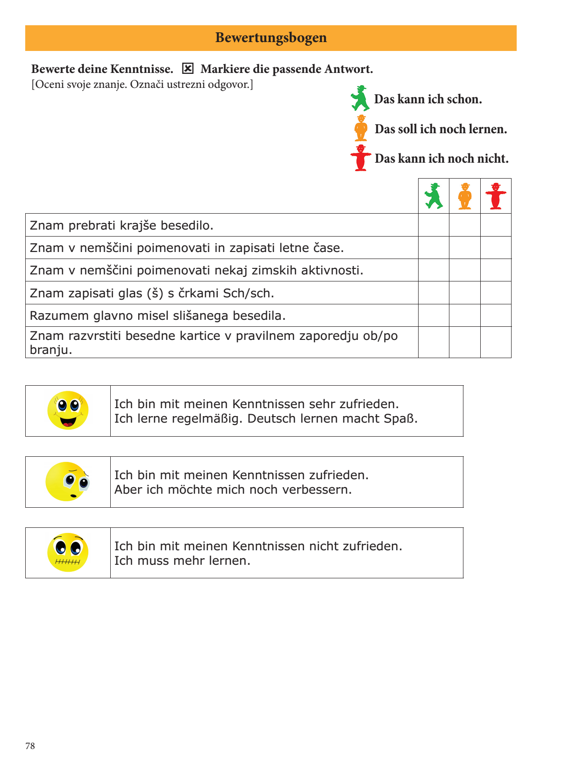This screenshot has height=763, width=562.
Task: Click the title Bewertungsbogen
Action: (271, 38)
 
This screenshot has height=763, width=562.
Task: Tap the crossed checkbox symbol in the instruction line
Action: (187, 69)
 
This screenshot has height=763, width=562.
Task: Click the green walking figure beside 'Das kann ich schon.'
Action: (360, 98)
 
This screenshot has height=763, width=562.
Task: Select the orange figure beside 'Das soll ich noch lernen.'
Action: (361, 128)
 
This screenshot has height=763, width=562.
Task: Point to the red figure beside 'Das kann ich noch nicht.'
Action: (361, 158)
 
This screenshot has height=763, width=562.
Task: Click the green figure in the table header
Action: (434, 196)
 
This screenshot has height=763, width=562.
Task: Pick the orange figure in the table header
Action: (465, 196)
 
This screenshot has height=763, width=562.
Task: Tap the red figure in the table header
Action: (496, 196)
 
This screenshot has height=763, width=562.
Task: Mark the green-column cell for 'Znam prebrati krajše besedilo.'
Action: (434, 225)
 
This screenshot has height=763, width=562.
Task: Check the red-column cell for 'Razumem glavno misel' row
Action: (496, 316)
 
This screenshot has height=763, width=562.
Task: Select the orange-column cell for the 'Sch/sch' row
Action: (465, 293)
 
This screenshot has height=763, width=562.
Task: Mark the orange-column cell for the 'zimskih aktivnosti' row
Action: (465, 270)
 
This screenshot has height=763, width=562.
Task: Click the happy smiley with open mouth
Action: (68, 410)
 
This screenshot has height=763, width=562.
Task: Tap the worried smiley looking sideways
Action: (67, 482)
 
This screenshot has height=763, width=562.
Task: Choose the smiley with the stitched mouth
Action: (68, 553)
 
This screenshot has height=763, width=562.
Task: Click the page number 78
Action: (30, 746)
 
